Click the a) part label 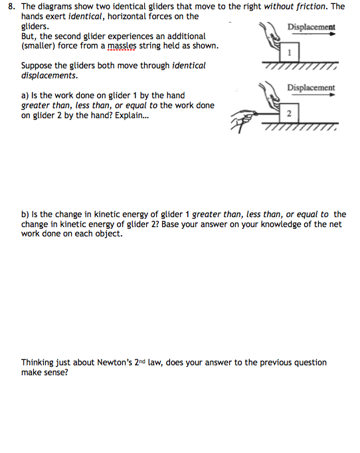point(26,96)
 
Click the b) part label point(26,215)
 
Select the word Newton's point(141,363)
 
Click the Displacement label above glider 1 point(311,27)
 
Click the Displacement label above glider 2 point(311,88)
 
